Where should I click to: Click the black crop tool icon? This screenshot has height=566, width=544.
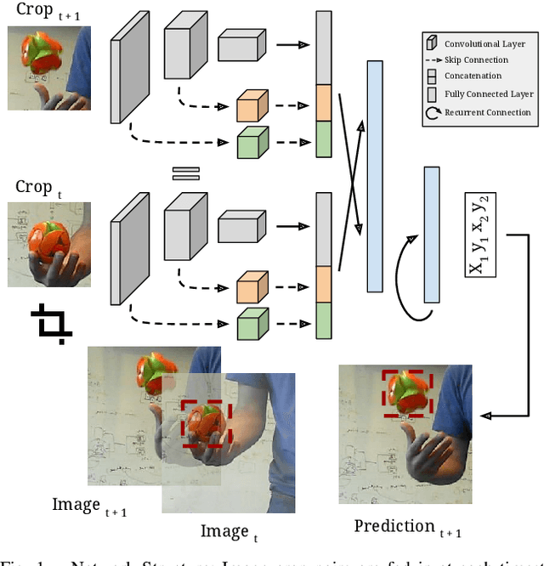point(52,325)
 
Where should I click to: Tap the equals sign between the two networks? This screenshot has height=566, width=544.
point(184,173)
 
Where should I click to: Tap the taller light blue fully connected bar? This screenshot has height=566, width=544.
point(375,176)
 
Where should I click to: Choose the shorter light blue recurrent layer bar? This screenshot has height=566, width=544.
point(432,235)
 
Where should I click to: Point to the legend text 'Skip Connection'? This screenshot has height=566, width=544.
point(477,60)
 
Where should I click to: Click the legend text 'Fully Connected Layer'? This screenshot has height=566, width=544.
point(487,94)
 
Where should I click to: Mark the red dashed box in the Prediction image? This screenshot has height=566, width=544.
point(406,393)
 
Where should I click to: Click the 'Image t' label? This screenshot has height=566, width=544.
point(227,532)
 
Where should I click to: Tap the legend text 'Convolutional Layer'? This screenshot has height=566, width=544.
point(485,43)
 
